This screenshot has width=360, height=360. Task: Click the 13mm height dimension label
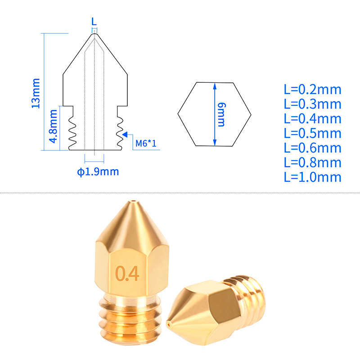pos(36,93)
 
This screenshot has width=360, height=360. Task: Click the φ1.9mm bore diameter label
pos(98,171)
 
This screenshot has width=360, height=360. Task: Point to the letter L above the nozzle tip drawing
pos(94,21)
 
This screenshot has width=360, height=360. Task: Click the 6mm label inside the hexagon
pos(220,114)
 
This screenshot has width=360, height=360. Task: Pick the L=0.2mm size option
pos(312,89)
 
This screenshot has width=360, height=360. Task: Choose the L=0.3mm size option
pos(312,104)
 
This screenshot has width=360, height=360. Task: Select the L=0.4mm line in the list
pos(312,118)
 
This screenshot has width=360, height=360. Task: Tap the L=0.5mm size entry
pos(312,133)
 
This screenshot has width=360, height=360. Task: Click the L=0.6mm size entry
pos(312,148)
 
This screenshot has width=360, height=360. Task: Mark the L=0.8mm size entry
pos(312,162)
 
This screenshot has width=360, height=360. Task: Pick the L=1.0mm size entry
pos(312,176)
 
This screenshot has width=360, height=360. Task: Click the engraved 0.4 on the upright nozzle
pos(127,273)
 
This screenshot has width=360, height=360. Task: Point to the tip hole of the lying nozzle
pos(169,324)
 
